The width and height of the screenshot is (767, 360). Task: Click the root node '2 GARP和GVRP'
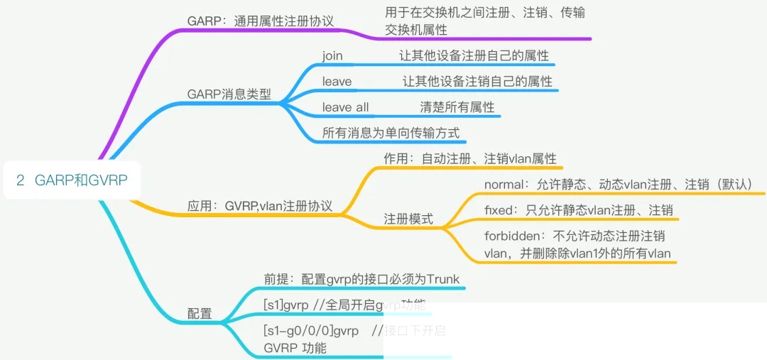point(72,180)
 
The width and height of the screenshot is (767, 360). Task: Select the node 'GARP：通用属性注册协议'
point(260,21)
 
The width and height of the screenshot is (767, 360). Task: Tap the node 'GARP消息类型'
point(229,94)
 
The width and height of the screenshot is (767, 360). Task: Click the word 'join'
point(332,55)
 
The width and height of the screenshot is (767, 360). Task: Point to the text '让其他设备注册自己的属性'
point(474,55)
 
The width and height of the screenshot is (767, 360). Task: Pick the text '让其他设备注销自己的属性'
point(477,82)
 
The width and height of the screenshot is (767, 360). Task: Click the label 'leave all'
point(345,107)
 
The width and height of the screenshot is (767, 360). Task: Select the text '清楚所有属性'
point(457,107)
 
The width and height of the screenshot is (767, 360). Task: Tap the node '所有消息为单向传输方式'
point(391,133)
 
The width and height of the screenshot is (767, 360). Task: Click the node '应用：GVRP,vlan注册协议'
point(260,206)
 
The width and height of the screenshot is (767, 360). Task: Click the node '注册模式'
point(408,219)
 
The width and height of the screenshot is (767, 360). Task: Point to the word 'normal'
point(503,185)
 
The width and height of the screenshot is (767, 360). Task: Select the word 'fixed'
point(498,211)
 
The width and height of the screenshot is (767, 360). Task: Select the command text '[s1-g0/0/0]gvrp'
point(310,332)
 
